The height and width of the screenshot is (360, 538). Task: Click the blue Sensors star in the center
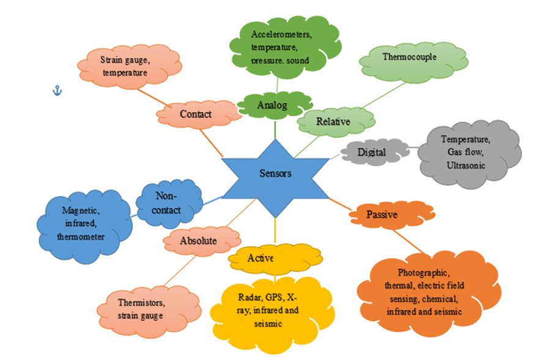point(275,174)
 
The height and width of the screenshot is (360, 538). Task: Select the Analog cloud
point(271,105)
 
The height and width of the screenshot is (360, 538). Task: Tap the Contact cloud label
point(196,114)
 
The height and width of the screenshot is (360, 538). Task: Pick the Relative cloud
point(333,122)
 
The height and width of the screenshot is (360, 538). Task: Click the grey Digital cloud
point(371,152)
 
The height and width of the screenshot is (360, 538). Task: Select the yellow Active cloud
point(260,258)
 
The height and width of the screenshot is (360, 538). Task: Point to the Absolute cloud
point(197,241)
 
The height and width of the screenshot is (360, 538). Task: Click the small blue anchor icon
point(56,90)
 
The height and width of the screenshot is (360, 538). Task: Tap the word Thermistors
point(140,303)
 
